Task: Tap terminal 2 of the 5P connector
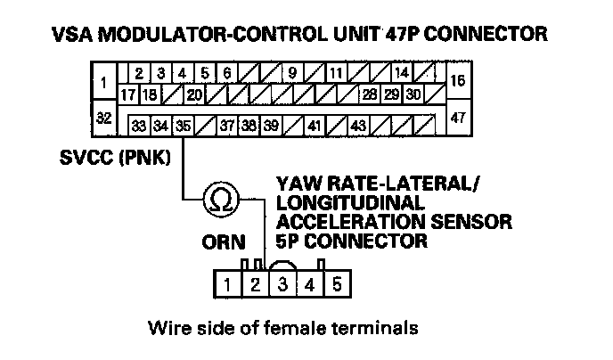click(253, 285)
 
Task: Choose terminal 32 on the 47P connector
click(104, 117)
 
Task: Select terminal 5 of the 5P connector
click(336, 285)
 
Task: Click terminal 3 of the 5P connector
click(282, 285)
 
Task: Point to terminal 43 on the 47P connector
click(358, 126)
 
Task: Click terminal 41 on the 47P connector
click(314, 126)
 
